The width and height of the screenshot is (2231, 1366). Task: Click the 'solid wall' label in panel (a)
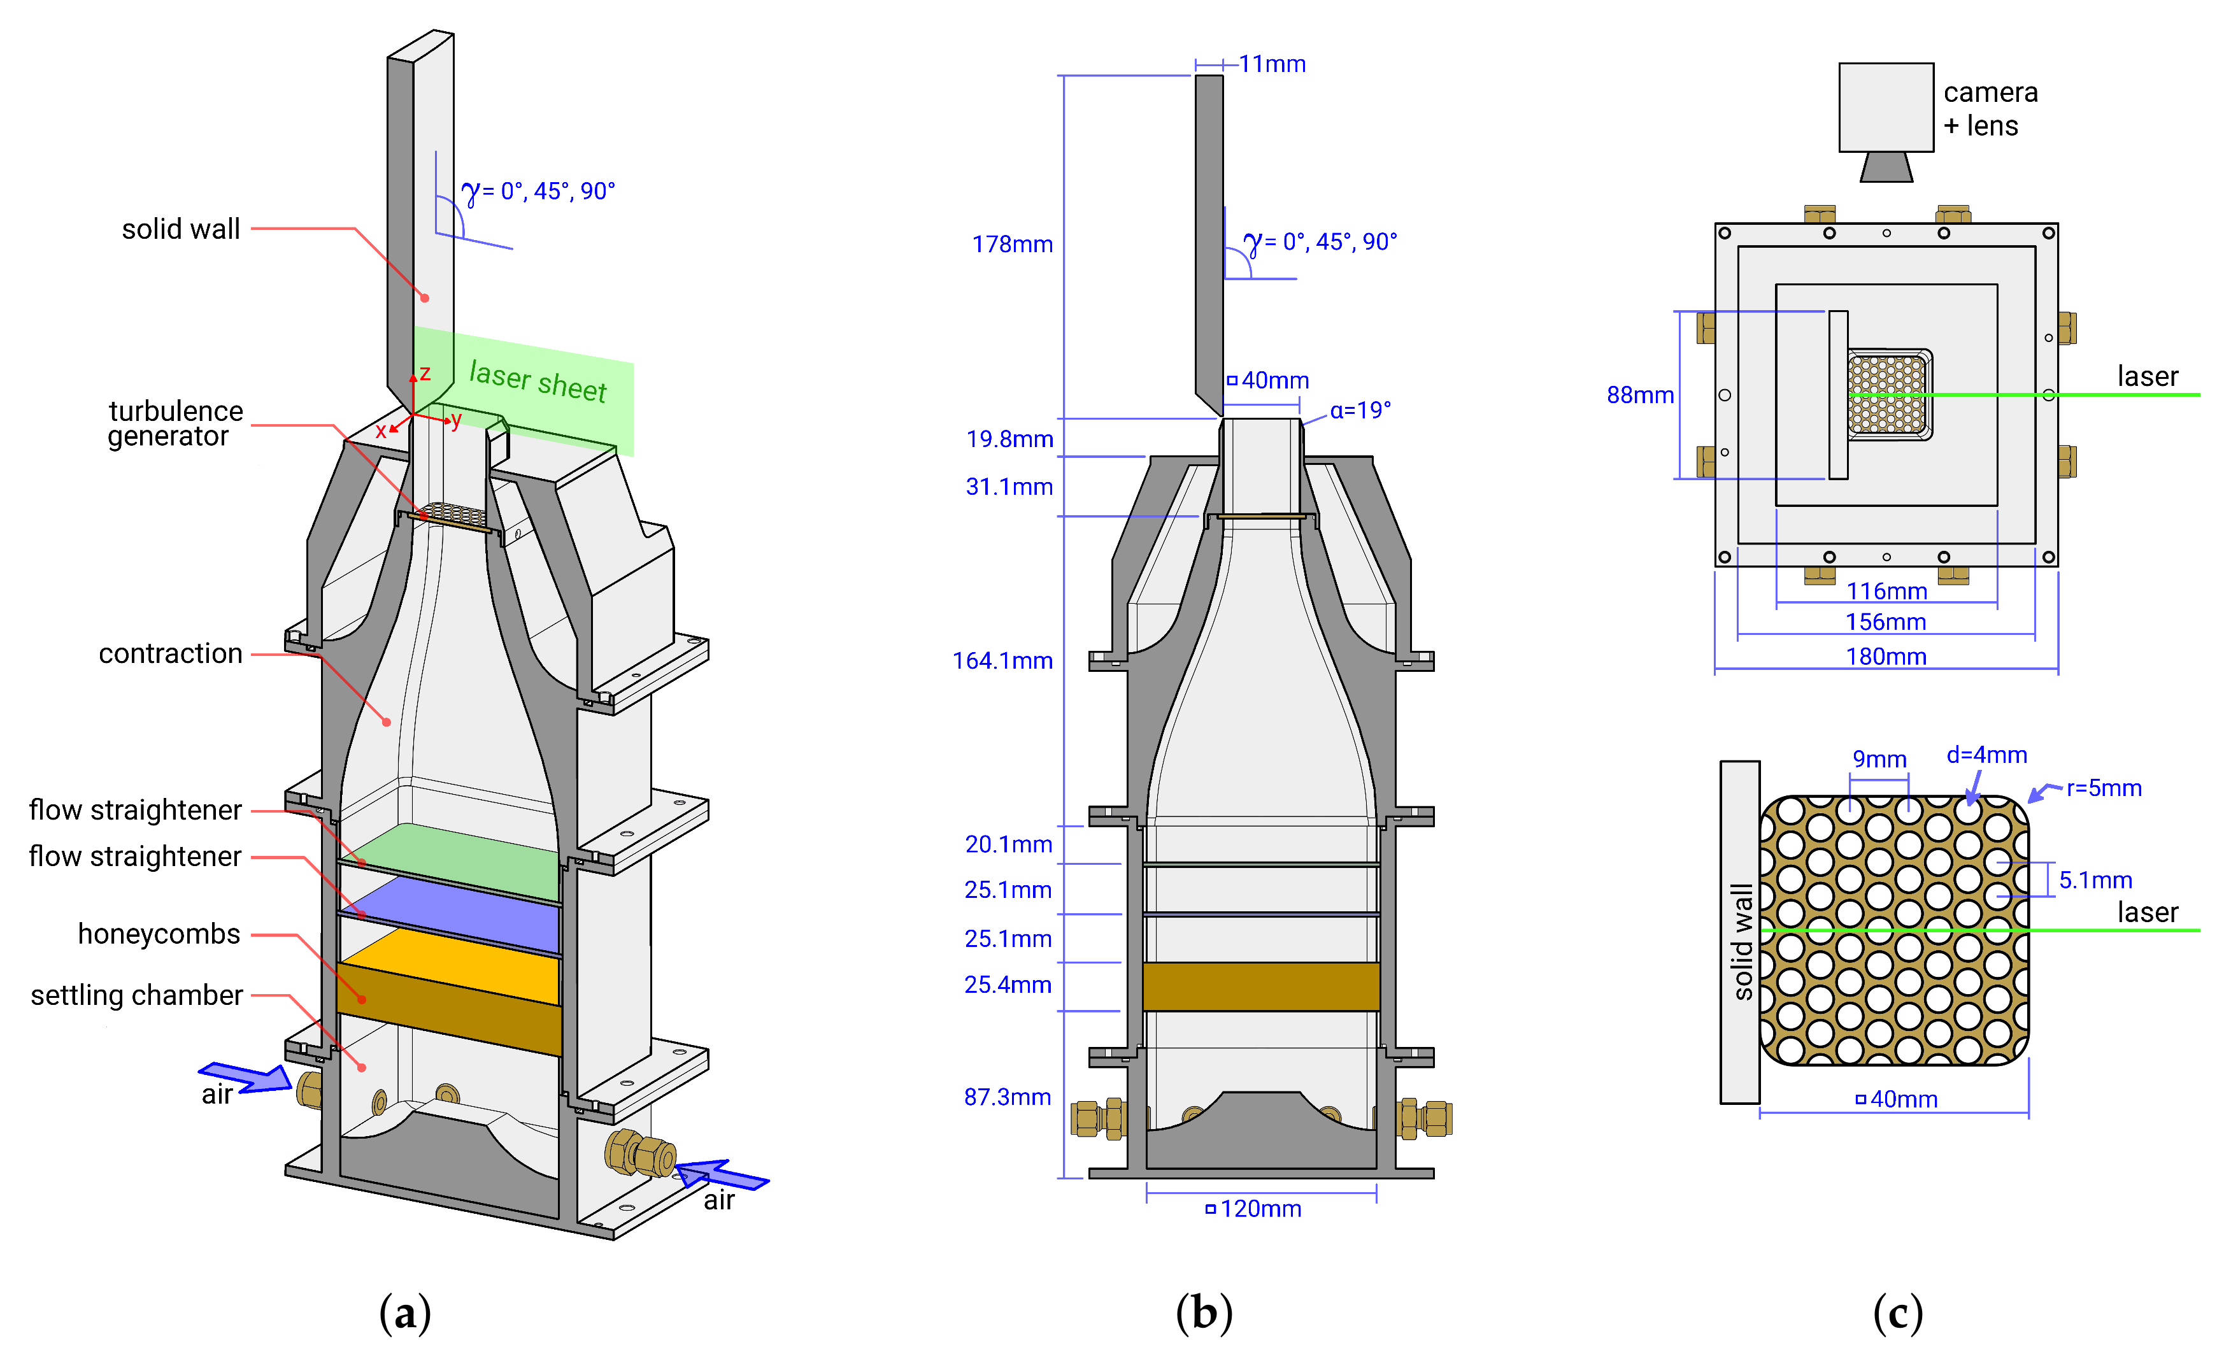pyautogui.click(x=181, y=229)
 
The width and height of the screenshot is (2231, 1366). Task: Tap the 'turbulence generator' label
pyautogui.click(x=174, y=423)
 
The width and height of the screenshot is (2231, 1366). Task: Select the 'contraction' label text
pyautogui.click(x=170, y=653)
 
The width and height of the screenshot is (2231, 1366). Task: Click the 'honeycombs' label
pyautogui.click(x=159, y=934)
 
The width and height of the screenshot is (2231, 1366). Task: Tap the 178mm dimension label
pyautogui.click(x=1011, y=245)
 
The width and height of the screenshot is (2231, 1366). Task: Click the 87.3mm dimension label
pyautogui.click(x=1007, y=1097)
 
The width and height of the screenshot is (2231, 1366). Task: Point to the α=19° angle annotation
pyautogui.click(x=1359, y=410)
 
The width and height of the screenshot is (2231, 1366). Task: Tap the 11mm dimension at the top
pyautogui.click(x=1271, y=64)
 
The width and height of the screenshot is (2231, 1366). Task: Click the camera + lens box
pyautogui.click(x=1885, y=107)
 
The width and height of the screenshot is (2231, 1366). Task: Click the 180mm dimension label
pyautogui.click(x=1885, y=657)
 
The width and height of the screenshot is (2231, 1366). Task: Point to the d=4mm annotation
pyautogui.click(x=1986, y=755)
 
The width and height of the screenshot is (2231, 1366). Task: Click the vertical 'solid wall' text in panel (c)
pyautogui.click(x=1741, y=941)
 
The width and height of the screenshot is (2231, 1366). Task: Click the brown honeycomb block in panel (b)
pyautogui.click(x=1260, y=986)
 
